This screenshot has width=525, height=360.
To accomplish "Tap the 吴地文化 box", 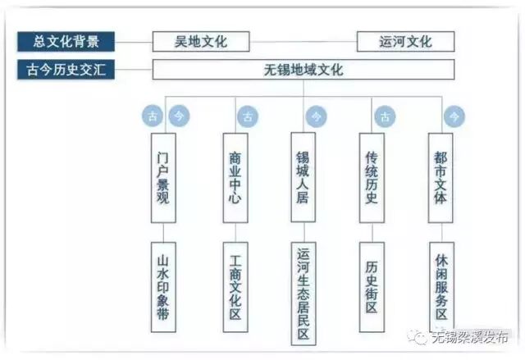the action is point(201,41).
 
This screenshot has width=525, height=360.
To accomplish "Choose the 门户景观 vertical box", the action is point(163,175).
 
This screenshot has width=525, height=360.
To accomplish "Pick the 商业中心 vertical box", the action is point(235,175).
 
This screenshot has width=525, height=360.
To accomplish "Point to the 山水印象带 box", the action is point(163,286).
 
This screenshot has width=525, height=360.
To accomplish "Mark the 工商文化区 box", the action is point(235,286).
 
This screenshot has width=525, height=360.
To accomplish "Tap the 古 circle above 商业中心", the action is point(246,116).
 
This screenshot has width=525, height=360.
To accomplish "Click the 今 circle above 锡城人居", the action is point(314,116).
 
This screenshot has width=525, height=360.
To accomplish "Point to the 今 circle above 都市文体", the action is point(453,116).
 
